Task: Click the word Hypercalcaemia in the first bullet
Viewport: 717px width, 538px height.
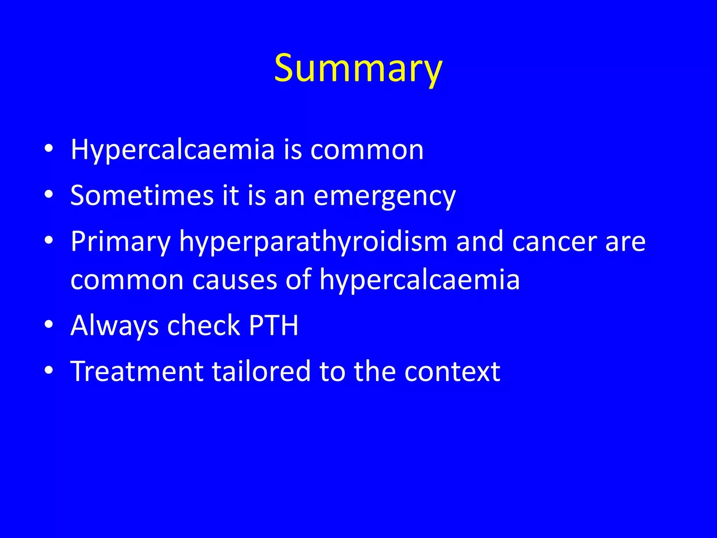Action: [x=173, y=150]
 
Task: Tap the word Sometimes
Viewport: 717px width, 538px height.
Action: [x=142, y=195]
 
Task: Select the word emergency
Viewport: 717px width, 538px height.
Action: [x=384, y=196]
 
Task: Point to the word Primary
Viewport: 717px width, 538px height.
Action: [x=120, y=242]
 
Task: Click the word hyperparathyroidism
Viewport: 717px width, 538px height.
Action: [x=313, y=242]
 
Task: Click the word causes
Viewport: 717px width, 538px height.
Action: [x=235, y=280]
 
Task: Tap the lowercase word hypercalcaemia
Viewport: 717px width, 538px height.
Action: [x=419, y=280]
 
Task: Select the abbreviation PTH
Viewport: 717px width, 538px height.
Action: [x=273, y=325]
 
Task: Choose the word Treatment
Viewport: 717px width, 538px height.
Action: [x=137, y=371]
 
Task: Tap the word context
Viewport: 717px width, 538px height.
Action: [x=452, y=371]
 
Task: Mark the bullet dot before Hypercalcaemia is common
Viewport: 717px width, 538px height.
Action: [x=49, y=149]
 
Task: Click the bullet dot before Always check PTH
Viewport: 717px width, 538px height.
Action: [x=49, y=324]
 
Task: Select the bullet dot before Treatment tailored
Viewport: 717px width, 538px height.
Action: [x=49, y=370]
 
